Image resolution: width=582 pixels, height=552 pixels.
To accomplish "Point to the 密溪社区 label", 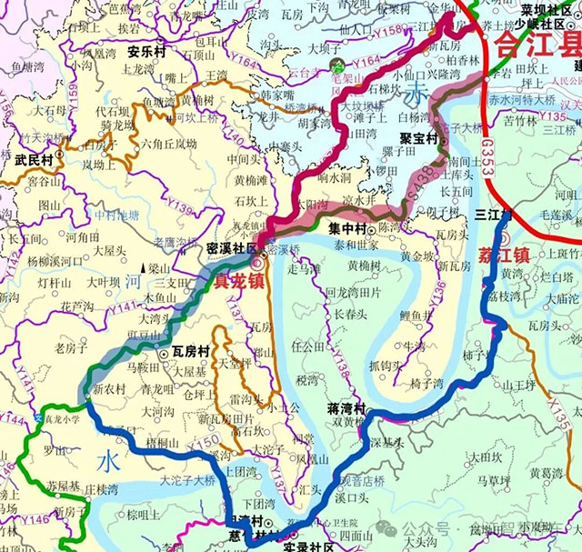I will pyautogui.click(x=232, y=247).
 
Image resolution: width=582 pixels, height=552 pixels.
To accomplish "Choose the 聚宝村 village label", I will pyautogui.click(x=418, y=139).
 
